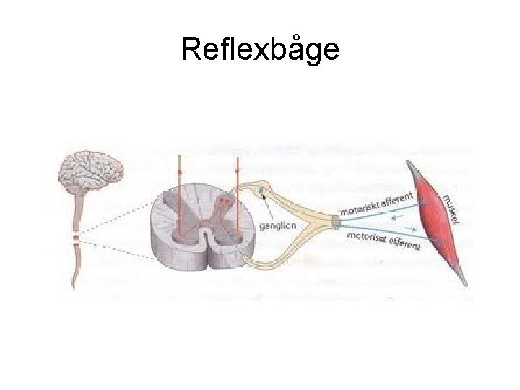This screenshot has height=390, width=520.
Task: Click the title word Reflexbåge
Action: pos(259,50)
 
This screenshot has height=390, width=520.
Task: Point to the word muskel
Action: pos(455,209)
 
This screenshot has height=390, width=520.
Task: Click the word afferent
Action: pos(396,199)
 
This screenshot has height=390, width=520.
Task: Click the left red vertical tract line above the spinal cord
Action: pos(179,173)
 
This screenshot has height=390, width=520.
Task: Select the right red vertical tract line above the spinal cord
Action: pos(237,173)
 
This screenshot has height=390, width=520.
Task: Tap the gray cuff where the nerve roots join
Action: pos(335,222)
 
